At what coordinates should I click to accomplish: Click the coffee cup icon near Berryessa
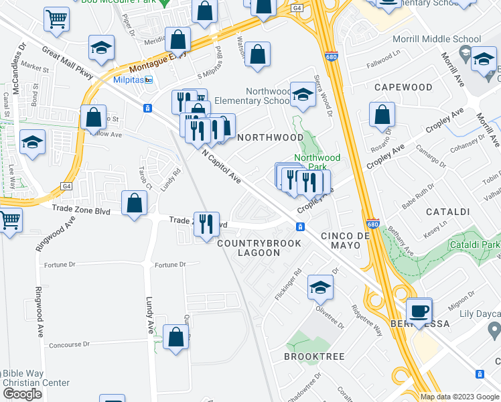tap(420, 311)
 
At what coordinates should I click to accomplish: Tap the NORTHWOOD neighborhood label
tap(271, 137)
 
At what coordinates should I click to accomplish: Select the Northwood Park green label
tap(316, 163)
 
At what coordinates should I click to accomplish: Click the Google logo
tap(22, 394)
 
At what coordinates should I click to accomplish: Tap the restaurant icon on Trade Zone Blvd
tap(206, 223)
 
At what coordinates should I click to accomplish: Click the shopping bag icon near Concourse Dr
tap(175, 338)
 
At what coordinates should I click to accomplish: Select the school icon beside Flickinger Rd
tap(320, 287)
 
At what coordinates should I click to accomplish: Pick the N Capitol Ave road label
tap(221, 167)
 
